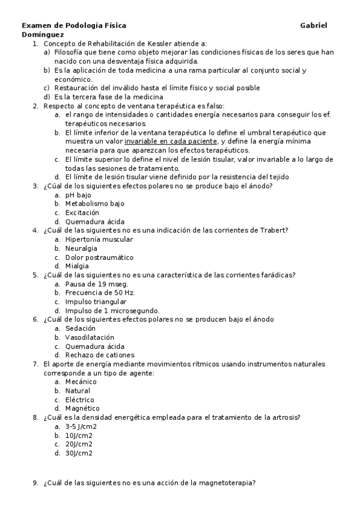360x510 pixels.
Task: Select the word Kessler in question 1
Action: tap(157, 44)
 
